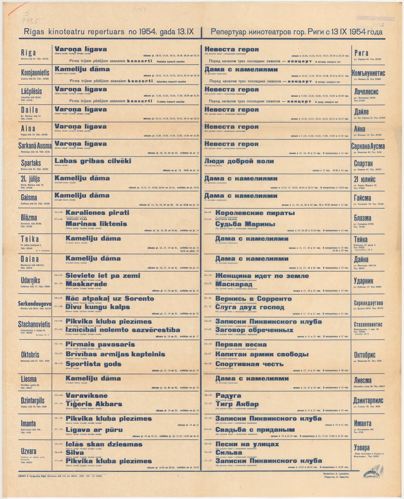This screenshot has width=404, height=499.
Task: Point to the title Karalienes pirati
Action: pos(97,212)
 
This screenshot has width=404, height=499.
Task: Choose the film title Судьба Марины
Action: pos(245,224)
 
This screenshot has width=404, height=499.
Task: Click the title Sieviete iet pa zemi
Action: pos(103,276)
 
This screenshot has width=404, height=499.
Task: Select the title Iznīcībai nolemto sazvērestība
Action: pos(123,330)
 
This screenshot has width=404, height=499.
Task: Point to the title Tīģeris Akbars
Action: pos(94,404)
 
